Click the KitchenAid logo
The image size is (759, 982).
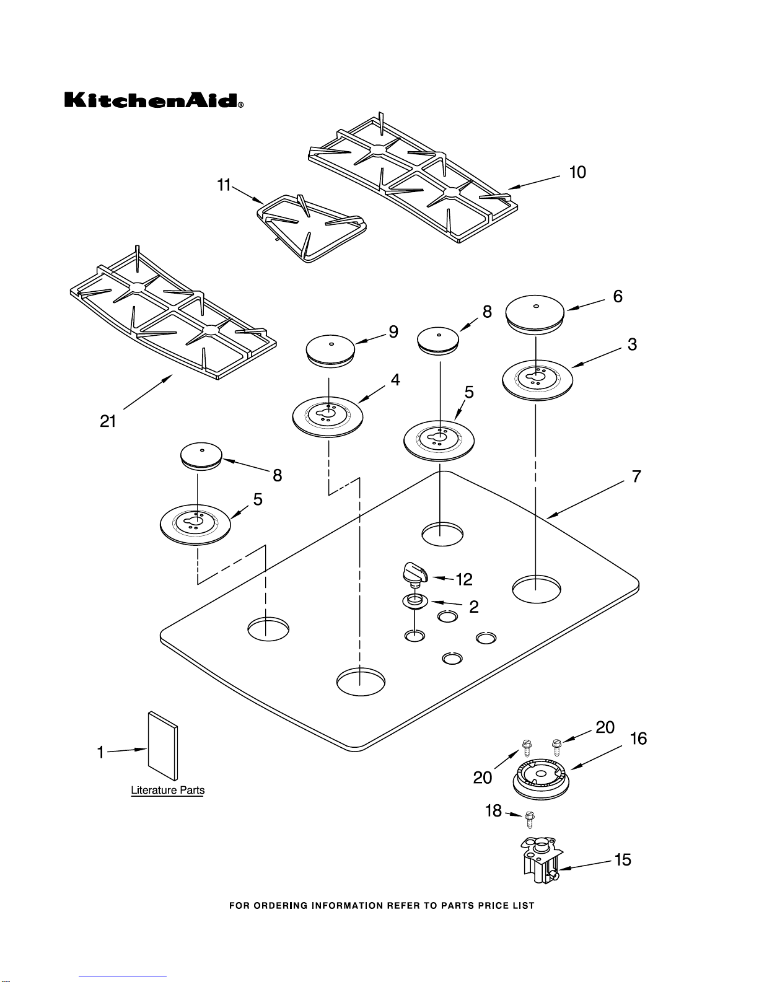pos(154,100)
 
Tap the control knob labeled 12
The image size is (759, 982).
pos(415,574)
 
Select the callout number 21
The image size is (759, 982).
pos(108,421)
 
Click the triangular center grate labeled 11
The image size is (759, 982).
pos(311,229)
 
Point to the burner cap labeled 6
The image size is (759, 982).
pos(535,315)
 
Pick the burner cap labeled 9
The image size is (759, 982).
pos(330,351)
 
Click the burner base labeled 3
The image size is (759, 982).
pos(537,380)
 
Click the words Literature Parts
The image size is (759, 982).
pos(168,790)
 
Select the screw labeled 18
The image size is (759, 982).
pos(530,819)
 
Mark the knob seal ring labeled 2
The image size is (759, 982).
pos(415,602)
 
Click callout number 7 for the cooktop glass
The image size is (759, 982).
pos(636,476)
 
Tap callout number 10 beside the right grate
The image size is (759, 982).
pos(577,172)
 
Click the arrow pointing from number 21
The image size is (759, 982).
pos(147,392)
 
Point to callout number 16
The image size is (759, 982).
pos(638,739)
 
